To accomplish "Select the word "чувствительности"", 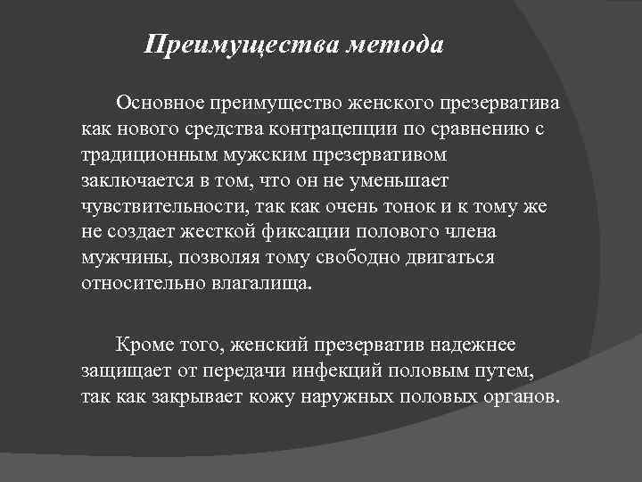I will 157,207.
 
